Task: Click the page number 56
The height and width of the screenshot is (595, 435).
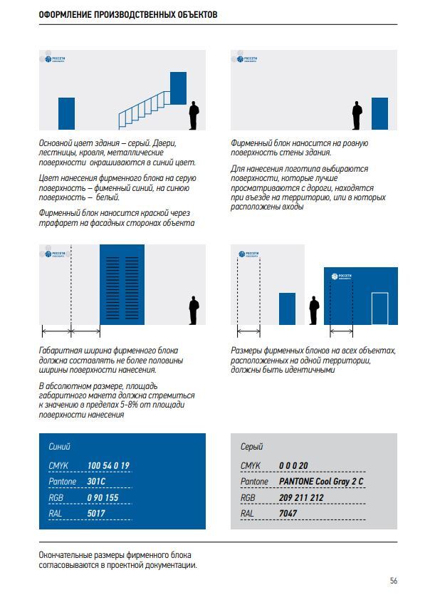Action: (394, 580)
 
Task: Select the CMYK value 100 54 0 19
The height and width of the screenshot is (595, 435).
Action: (108, 465)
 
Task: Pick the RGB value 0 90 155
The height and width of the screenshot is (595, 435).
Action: (103, 497)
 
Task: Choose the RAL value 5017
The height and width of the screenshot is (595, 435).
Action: (95, 513)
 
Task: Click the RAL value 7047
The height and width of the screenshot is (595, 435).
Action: (288, 513)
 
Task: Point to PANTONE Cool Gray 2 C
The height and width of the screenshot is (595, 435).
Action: (321, 482)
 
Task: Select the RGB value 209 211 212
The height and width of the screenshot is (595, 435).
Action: (301, 497)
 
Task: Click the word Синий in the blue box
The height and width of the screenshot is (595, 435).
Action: (60, 447)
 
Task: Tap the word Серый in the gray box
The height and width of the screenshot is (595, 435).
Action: (251, 447)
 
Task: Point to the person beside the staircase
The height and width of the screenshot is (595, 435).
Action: (193, 116)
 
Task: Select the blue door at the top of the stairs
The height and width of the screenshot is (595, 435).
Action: (177, 88)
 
